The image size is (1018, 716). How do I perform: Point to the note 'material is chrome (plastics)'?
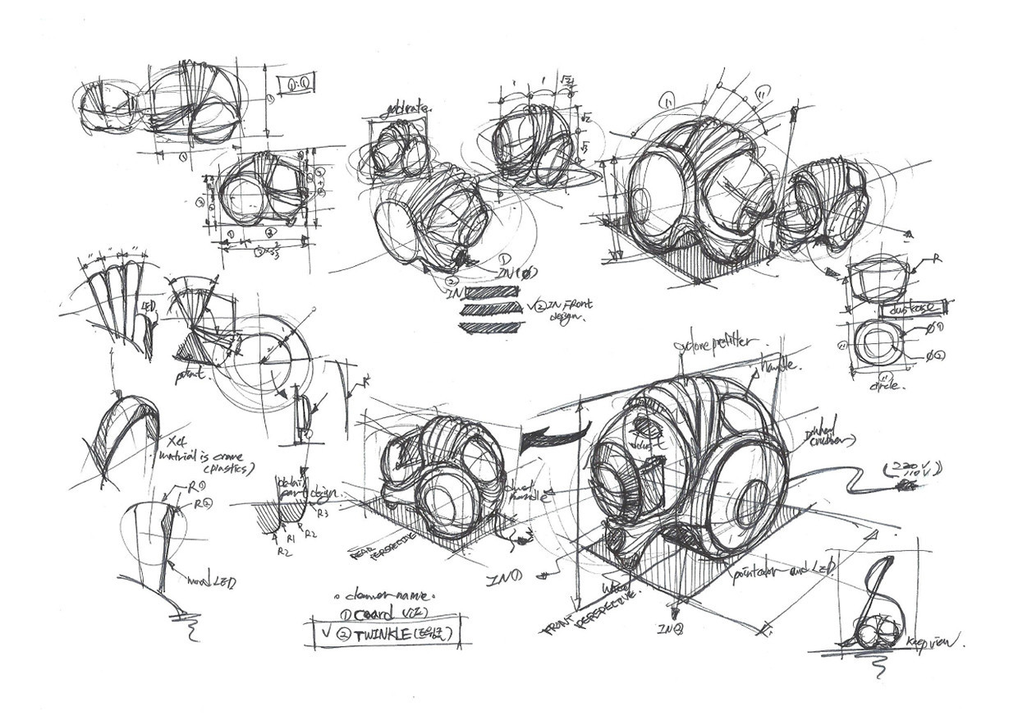click(x=204, y=458)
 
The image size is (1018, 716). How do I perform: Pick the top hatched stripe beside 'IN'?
click(x=493, y=291)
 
